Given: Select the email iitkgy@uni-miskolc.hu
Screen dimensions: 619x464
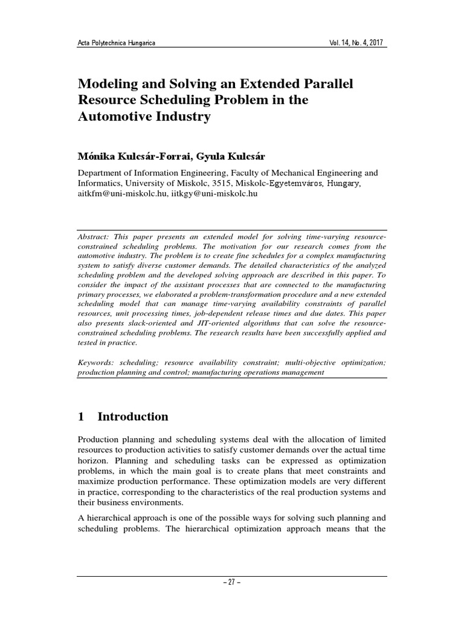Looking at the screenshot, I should [x=209, y=195].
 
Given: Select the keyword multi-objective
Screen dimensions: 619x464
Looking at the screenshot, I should [x=299, y=362].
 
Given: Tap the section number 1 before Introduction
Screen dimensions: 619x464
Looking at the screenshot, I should [x=82, y=416].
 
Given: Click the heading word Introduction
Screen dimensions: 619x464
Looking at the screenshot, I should [x=133, y=416].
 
